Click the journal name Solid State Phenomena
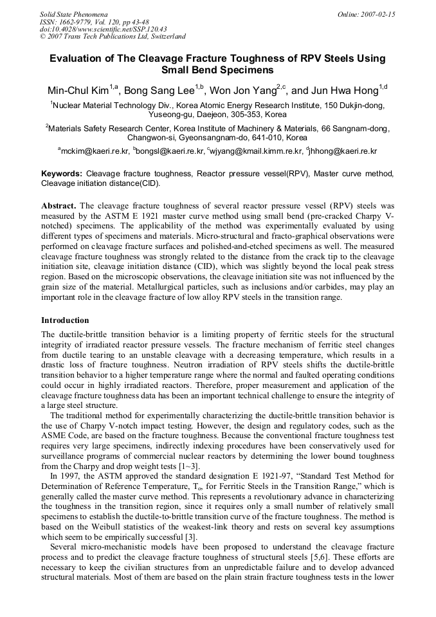(x=73, y=14)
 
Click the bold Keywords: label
(x=62, y=174)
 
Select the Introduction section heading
(x=65, y=320)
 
